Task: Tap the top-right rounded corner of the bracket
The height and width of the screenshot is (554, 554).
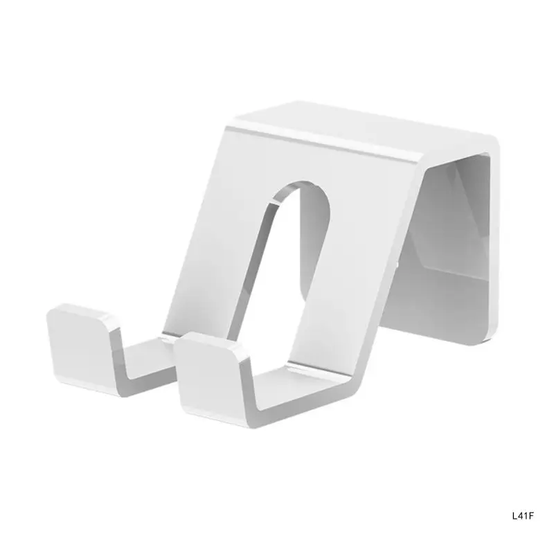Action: click(493, 142)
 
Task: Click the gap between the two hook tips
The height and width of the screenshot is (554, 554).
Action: click(149, 350)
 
